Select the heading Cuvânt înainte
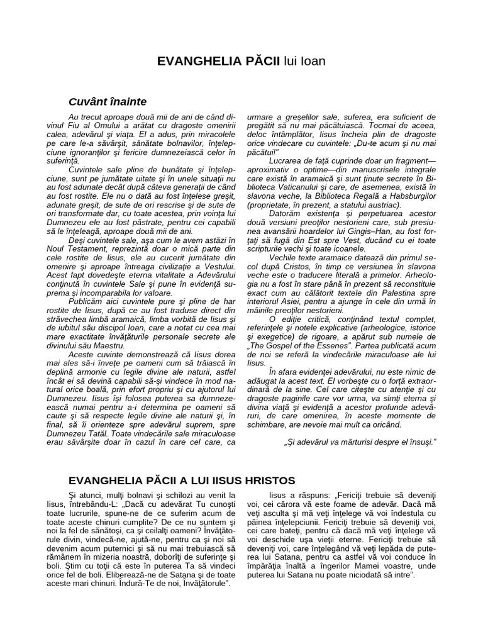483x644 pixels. click(x=108, y=101)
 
